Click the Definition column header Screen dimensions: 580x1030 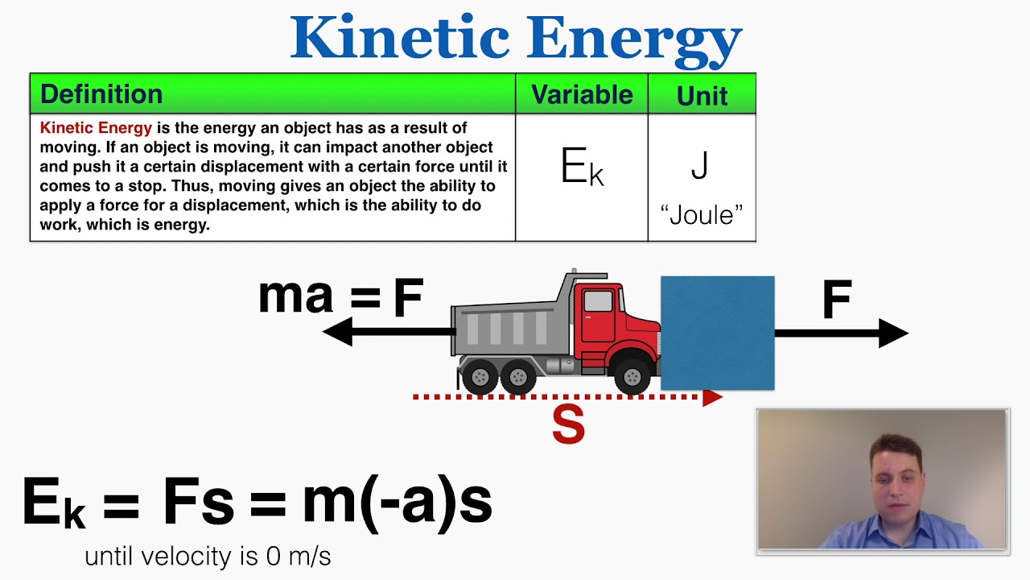101,94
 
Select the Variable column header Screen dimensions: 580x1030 582,94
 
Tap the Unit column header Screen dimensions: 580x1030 702,95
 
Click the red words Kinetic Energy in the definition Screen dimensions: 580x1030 96,128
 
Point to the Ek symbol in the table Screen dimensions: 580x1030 581,168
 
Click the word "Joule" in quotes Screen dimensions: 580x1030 701,215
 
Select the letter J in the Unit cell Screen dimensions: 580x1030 700,165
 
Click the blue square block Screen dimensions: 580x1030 717,333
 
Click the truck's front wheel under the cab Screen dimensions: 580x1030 632,376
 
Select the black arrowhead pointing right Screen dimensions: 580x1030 892,333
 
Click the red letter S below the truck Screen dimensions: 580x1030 568,425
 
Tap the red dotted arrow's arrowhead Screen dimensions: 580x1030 712,397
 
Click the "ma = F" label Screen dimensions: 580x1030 340,296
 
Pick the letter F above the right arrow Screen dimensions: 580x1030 837,300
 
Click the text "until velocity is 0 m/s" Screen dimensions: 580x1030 208,556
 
